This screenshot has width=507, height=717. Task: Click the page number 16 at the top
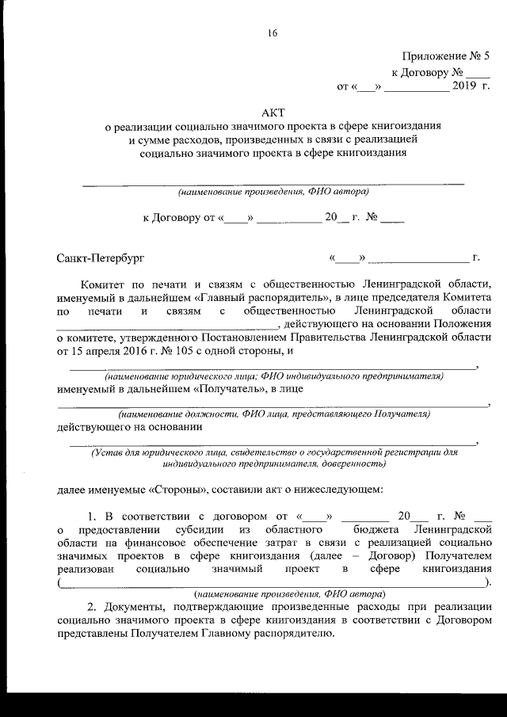(x=273, y=32)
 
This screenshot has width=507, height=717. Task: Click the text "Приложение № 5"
(x=447, y=56)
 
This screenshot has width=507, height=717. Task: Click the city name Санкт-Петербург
(x=101, y=258)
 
